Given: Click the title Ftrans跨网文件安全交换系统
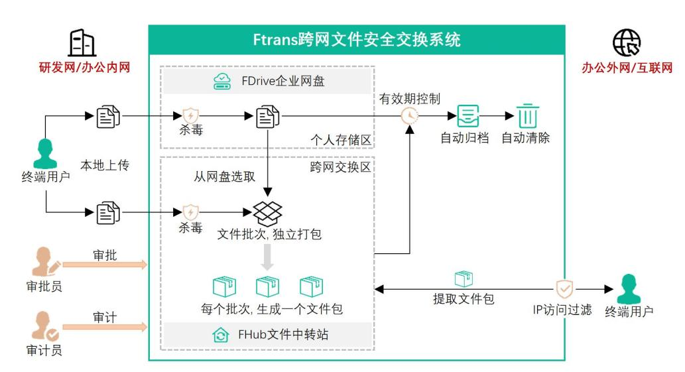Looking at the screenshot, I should (357, 39).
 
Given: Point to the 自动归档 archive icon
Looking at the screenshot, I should (468, 116).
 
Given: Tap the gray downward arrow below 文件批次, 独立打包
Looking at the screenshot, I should (267, 257).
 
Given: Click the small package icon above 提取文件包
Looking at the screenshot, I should (464, 279).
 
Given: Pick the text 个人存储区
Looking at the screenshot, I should (341, 140).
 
